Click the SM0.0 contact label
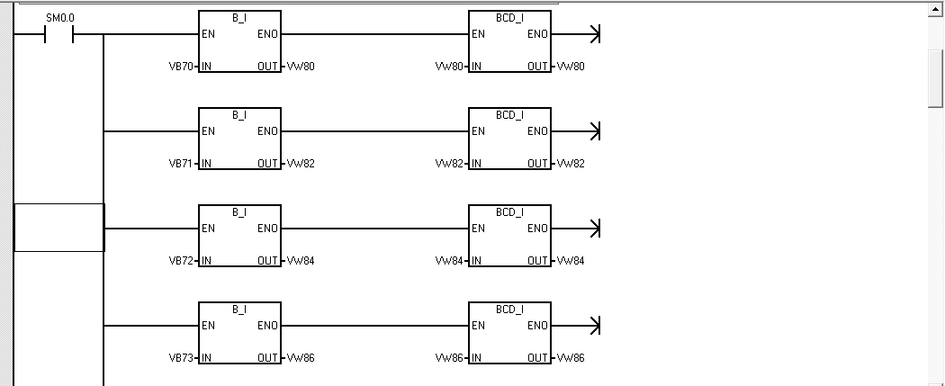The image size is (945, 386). (x=58, y=17)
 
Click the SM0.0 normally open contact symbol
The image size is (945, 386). (x=58, y=35)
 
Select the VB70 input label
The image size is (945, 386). (x=182, y=67)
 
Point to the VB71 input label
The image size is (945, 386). (x=182, y=164)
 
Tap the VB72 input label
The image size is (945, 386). (x=182, y=261)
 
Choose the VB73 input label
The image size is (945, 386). (x=182, y=358)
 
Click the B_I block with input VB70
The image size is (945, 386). (x=239, y=42)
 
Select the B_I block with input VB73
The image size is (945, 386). (x=239, y=334)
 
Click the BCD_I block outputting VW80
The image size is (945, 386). (x=509, y=42)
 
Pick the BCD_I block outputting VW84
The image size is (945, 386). (x=509, y=237)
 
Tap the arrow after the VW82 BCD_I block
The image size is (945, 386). (x=593, y=131)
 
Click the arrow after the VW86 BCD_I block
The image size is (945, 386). (x=593, y=326)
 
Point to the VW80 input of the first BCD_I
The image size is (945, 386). (x=449, y=67)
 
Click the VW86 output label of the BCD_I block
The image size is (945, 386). (x=571, y=358)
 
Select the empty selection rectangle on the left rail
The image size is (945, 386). (x=59, y=228)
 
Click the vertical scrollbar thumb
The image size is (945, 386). (x=936, y=77)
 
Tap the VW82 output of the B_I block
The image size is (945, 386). (x=301, y=164)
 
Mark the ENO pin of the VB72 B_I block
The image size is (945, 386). (x=267, y=229)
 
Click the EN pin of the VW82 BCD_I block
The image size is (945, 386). (x=479, y=131)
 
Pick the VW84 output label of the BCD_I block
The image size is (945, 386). (x=571, y=261)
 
